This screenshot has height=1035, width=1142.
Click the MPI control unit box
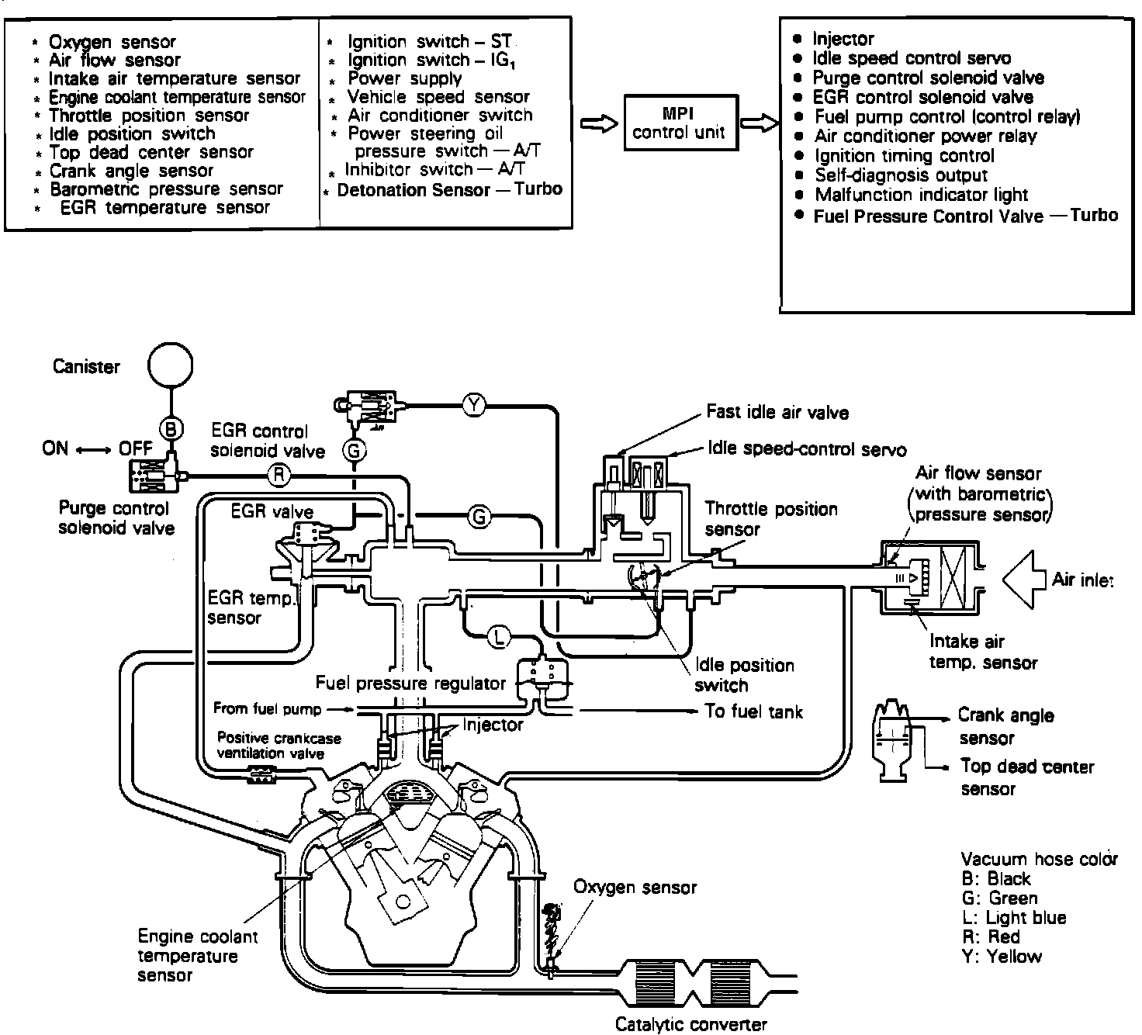tap(678, 123)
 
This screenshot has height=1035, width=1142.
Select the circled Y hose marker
tap(473, 403)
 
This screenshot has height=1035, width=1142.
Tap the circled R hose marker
tap(279, 474)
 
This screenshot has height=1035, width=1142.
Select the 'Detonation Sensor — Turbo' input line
tap(449, 190)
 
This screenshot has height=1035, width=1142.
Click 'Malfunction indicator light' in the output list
tap(920, 195)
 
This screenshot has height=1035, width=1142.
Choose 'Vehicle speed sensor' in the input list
tap(438, 97)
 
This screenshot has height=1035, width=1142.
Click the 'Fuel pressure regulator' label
tap(410, 684)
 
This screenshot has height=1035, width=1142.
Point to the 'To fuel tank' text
tap(753, 711)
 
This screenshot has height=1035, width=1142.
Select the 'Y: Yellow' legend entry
tap(1002, 956)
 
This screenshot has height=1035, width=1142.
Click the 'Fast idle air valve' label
tap(777, 412)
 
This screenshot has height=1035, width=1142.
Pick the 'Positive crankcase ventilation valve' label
tap(279, 746)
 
